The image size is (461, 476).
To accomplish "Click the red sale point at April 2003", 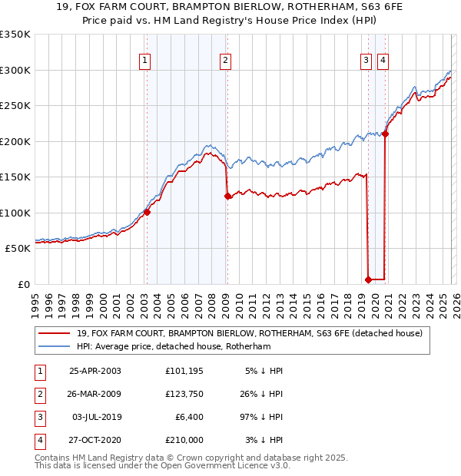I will (147, 213).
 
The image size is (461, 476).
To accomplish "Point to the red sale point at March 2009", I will (227, 197).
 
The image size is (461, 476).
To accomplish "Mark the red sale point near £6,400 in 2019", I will (368, 279).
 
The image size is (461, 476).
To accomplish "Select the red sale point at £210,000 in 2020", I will (386, 134).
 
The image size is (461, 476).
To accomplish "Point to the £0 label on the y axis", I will (25, 284).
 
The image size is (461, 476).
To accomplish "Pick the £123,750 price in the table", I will (184, 394).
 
